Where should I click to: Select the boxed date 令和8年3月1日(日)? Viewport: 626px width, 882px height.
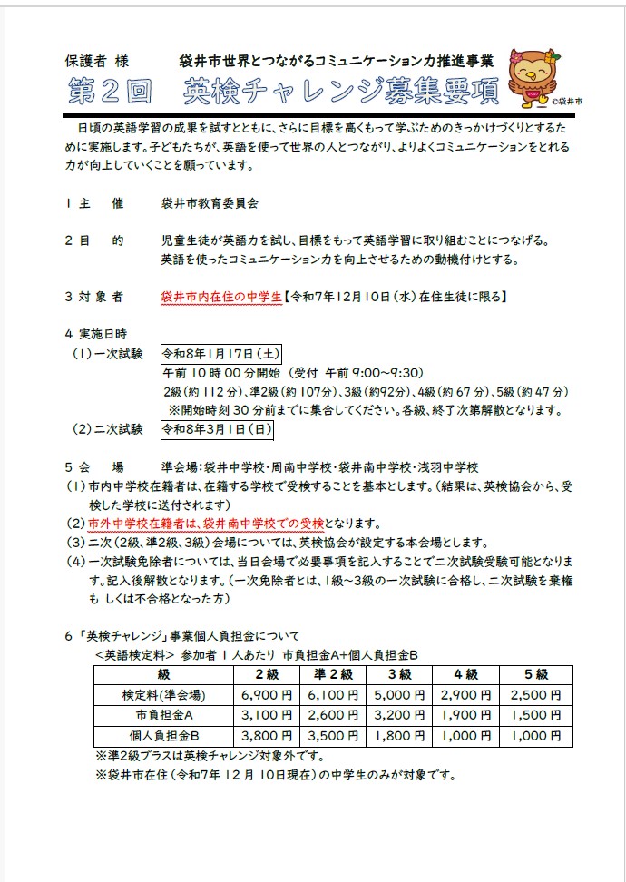click(216, 428)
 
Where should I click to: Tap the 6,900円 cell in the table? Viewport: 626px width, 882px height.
click(267, 695)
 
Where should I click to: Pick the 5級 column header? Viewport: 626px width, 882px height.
click(536, 674)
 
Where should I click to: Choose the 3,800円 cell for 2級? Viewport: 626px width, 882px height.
click(267, 736)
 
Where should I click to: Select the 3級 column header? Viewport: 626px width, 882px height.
click(400, 674)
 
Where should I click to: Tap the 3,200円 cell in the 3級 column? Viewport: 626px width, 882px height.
click(400, 715)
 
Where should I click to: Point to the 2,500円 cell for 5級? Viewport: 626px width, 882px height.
click(536, 695)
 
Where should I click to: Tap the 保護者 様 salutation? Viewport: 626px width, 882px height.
click(98, 62)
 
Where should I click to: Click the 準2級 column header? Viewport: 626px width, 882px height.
click(332, 674)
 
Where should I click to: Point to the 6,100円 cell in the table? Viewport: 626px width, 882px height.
click(332, 695)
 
